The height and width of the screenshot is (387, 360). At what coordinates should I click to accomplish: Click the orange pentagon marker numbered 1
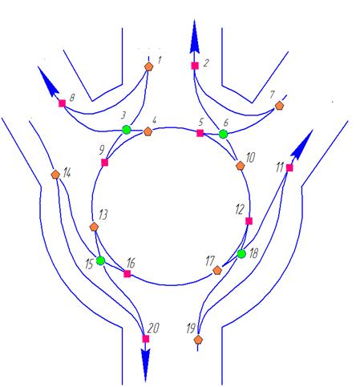pos(148,67)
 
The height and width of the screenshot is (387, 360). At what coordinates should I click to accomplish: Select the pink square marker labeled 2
pos(195,66)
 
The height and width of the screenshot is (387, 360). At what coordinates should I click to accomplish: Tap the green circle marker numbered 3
pos(127,130)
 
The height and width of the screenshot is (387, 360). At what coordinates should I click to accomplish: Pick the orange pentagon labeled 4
pos(148,131)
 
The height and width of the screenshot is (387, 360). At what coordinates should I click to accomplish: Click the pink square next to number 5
pos(200,133)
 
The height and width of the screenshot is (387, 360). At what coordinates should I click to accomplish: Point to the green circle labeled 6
pos(223,134)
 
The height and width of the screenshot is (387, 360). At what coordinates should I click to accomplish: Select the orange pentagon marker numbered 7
pos(279,106)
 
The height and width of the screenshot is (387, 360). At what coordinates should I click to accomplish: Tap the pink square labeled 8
pos(62,103)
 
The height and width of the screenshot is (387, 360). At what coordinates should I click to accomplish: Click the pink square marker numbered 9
pos(104,163)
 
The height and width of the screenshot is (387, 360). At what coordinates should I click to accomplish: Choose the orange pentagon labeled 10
pos(241,166)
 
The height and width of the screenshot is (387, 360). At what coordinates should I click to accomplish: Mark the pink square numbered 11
pos(289,167)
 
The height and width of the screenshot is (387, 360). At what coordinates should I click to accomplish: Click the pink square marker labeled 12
pos(249,221)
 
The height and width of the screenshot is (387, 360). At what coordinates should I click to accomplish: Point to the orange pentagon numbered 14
pos(55,174)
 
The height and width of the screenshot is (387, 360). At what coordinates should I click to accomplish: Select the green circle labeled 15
pos(100,260)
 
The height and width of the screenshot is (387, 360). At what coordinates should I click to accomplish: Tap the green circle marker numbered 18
pos(241,254)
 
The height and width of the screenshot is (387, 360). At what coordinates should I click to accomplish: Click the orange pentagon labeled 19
pos(198,340)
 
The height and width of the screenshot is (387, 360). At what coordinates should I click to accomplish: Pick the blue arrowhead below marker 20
pos(145,365)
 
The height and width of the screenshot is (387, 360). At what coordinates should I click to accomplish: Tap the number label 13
pos(103,215)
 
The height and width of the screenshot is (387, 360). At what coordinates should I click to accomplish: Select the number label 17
pos(210,261)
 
